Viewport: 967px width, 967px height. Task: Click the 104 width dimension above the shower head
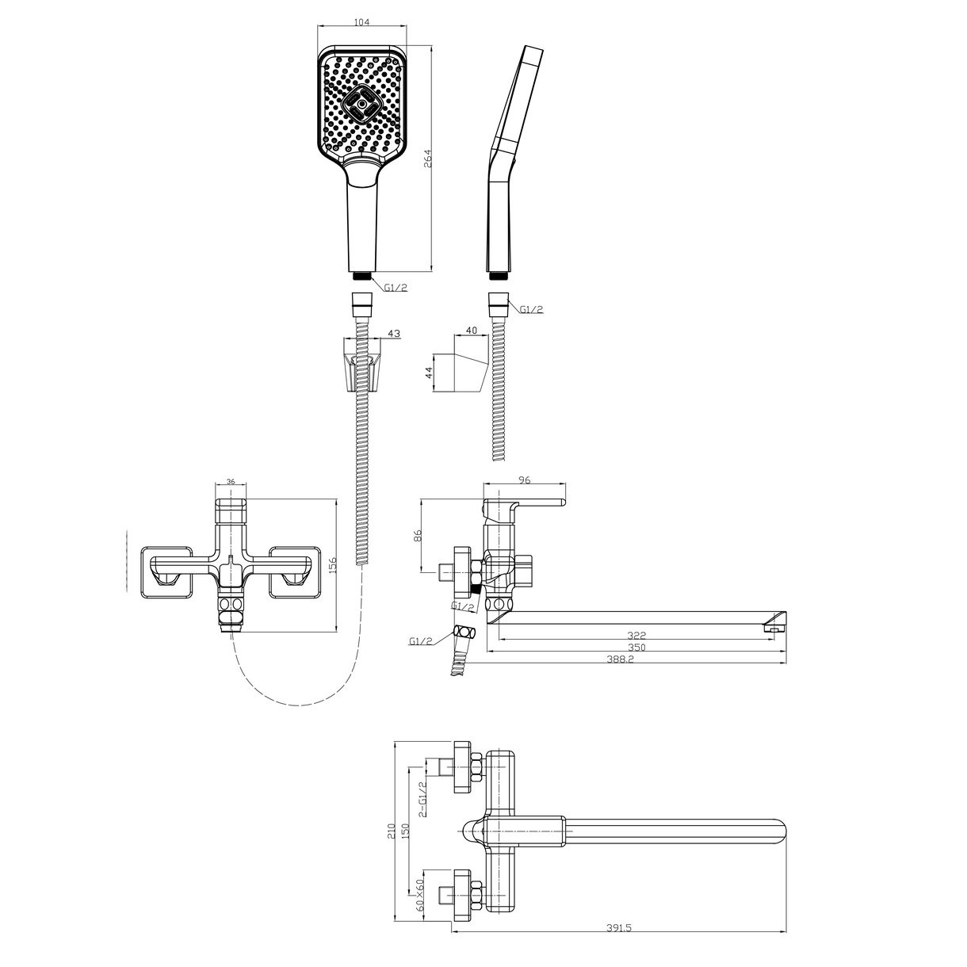pyautogui.click(x=361, y=22)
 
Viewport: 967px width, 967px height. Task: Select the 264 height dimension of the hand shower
pyautogui.click(x=427, y=159)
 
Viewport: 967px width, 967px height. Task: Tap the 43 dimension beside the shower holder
pyautogui.click(x=394, y=333)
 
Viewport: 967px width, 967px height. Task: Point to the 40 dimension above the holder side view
pyautogui.click(x=471, y=331)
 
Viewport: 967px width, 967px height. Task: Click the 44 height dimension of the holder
pyautogui.click(x=429, y=373)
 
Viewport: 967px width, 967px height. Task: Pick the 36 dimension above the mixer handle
pyautogui.click(x=231, y=481)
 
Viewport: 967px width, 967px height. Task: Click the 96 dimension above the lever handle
pyautogui.click(x=524, y=480)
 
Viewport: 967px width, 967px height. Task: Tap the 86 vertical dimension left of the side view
pyautogui.click(x=415, y=536)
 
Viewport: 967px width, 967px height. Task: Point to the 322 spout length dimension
pyautogui.click(x=636, y=636)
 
